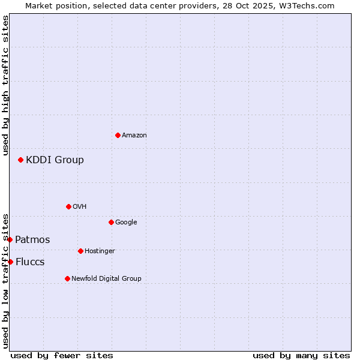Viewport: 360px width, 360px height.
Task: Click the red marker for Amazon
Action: [118, 135]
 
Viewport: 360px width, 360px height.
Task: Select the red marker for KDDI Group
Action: [20, 160]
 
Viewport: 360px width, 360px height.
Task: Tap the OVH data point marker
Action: [68, 206]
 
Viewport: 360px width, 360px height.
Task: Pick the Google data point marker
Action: [111, 222]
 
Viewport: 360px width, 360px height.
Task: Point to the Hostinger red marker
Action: [80, 251]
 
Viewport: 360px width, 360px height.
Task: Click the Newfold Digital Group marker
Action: [67, 278]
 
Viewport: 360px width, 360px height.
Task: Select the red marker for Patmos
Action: [10, 239]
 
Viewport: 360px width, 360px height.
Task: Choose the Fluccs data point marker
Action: [10, 262]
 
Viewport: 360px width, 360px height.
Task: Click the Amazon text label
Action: [134, 136]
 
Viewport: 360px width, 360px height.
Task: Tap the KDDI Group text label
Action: [55, 160]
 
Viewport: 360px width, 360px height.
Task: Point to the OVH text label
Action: [80, 207]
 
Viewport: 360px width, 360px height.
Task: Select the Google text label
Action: [126, 223]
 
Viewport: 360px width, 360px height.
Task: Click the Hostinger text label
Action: [100, 251]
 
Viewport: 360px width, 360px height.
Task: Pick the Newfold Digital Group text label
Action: [106, 278]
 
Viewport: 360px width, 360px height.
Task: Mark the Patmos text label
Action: [32, 240]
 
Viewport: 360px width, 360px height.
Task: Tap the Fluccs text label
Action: [30, 262]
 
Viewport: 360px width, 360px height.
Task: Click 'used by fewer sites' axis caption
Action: [62, 355]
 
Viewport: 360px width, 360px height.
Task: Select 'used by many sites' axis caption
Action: [301, 355]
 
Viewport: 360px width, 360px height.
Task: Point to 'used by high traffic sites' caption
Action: [5, 85]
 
